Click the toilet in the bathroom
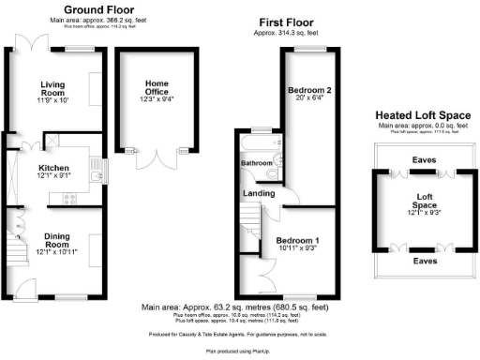point(271,172)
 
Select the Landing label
point(260,193)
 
